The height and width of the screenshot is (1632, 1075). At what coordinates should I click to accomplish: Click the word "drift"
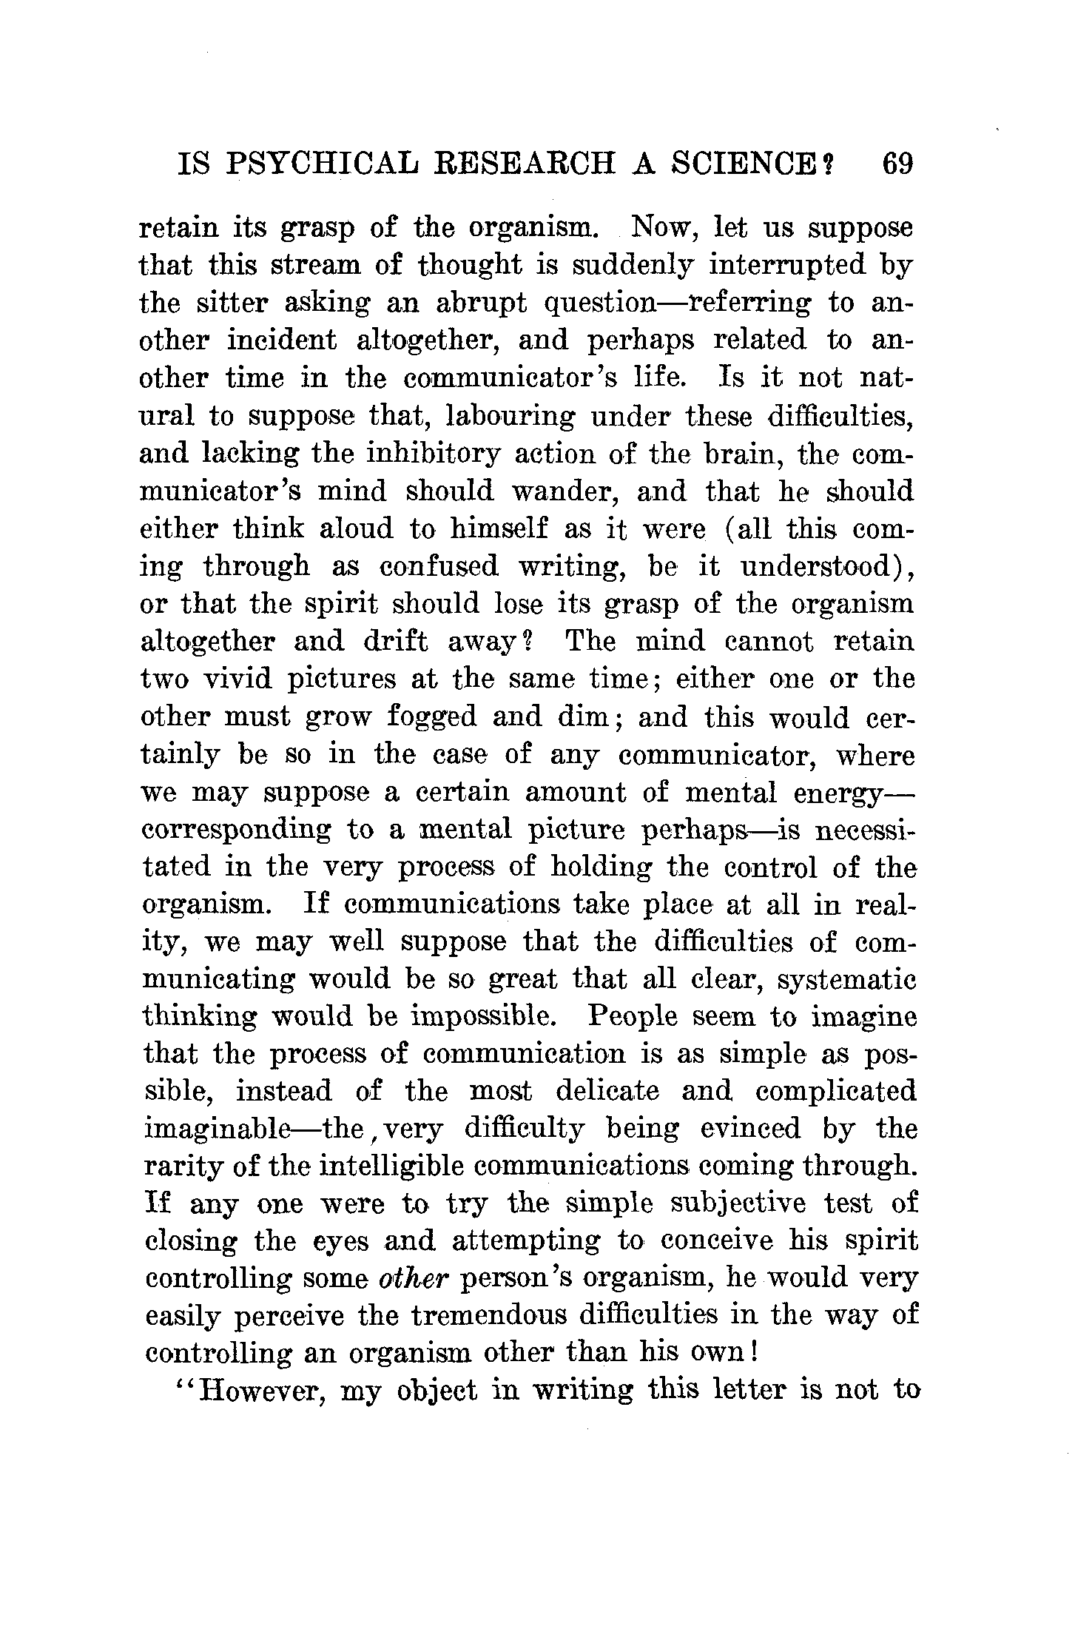coord(395,642)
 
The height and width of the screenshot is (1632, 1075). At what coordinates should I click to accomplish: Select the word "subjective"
coord(727,1206)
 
